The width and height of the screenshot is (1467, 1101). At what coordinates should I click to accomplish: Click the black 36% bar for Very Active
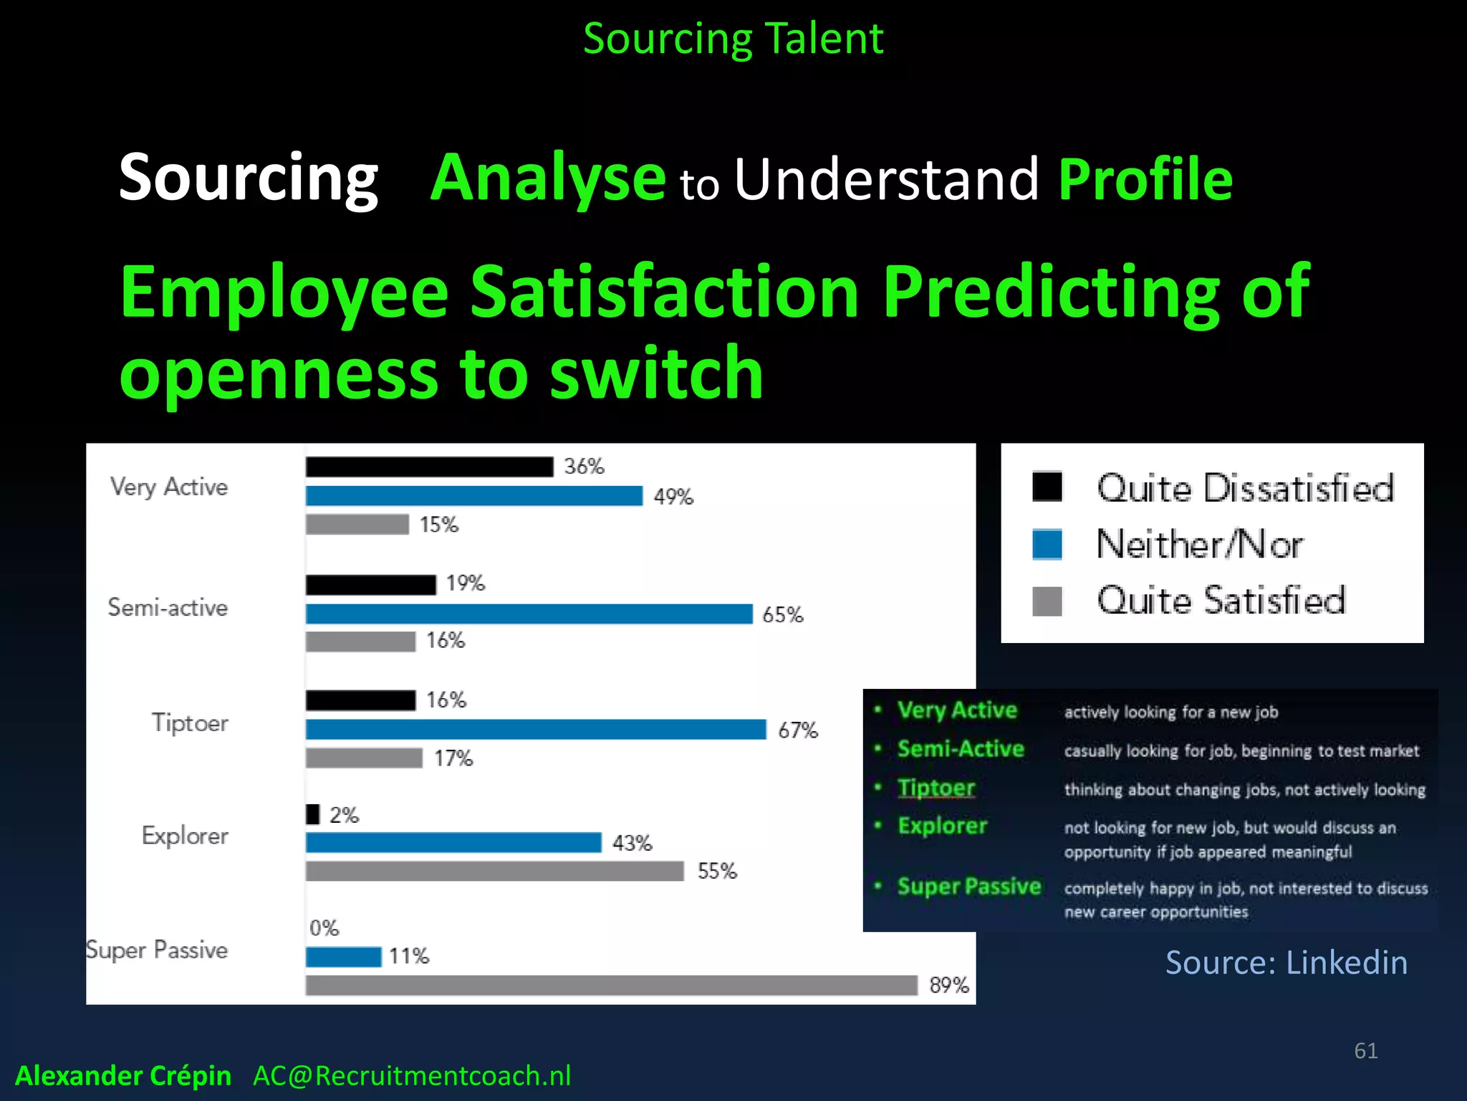tap(429, 467)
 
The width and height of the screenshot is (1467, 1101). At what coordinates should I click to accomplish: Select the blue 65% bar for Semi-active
tap(529, 614)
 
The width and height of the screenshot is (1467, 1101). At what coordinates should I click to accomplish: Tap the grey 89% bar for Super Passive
tap(611, 985)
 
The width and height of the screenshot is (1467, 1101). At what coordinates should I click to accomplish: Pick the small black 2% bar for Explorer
tap(312, 814)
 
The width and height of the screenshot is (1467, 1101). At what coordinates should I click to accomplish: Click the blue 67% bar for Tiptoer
tap(536, 729)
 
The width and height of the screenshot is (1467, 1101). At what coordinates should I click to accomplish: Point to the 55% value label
tap(717, 871)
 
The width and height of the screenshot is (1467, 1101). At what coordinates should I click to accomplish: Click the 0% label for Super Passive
tap(324, 928)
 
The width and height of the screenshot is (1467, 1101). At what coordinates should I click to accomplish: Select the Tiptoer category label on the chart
tap(190, 723)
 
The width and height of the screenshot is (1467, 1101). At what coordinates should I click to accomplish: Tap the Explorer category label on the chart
tap(185, 836)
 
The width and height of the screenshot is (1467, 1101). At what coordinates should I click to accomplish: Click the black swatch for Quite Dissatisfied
tap(1047, 487)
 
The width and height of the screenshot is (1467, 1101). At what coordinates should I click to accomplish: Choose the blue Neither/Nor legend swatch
tap(1047, 544)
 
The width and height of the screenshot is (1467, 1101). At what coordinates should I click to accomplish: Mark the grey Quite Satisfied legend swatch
tap(1047, 601)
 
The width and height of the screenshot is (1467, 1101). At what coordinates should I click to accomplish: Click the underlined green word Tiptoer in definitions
tap(935, 788)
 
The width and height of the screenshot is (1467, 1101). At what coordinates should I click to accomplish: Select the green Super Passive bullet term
tap(968, 887)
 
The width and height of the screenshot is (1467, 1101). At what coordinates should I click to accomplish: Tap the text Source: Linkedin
tap(1286, 962)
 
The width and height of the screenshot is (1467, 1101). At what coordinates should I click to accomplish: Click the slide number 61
tap(1365, 1051)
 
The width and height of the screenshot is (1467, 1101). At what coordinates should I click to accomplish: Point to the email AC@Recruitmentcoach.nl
tap(412, 1076)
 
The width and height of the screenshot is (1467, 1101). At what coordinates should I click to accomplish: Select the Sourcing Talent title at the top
tap(733, 39)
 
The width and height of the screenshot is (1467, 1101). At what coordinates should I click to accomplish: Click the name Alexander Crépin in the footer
tap(123, 1076)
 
